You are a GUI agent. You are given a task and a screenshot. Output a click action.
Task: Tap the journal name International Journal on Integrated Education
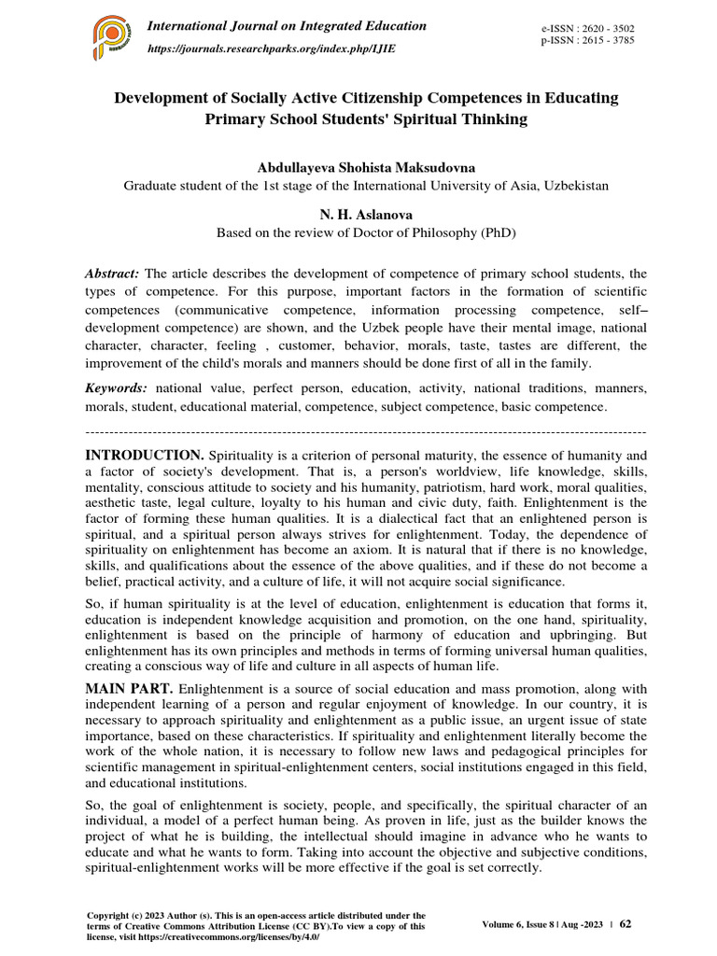point(287,26)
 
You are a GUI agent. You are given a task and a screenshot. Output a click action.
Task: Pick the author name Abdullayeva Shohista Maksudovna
point(366,167)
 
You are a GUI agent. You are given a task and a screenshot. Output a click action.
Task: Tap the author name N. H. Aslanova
point(366,214)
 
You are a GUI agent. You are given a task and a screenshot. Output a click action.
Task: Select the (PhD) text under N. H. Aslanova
point(495,232)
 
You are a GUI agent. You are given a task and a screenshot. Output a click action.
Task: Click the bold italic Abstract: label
point(112,273)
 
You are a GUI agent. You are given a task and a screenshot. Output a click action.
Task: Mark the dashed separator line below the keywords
point(366,431)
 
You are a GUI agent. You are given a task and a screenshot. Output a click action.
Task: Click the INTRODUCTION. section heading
point(145,455)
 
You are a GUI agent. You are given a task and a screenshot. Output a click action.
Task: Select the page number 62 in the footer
point(626,923)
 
